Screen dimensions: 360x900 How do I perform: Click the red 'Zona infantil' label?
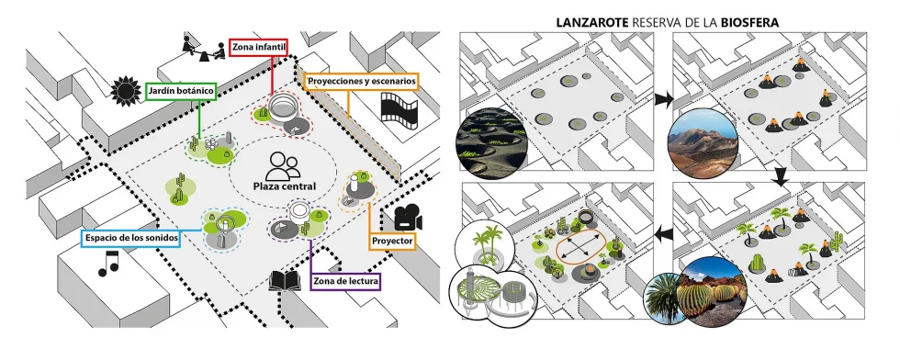pos(261,48)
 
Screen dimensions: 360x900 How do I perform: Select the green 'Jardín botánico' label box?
pos(180,93)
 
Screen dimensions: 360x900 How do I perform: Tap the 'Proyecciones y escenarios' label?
pos(362,82)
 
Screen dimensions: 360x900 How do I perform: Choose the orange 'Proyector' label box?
pos(390,242)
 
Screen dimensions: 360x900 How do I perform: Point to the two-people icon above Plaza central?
pos(283,165)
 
